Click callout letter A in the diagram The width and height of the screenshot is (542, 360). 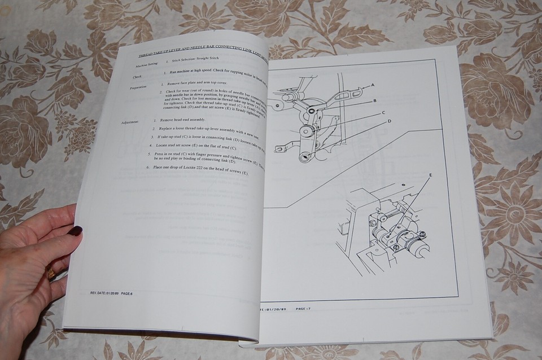click(x=373, y=85)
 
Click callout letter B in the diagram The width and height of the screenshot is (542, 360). click(x=374, y=100)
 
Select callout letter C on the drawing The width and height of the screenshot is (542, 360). click(x=383, y=112)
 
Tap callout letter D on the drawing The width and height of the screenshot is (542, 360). click(x=389, y=121)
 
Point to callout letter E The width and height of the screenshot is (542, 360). click(x=430, y=176)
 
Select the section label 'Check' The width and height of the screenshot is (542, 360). click(x=138, y=76)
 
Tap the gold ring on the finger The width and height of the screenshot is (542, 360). click(x=51, y=274)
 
